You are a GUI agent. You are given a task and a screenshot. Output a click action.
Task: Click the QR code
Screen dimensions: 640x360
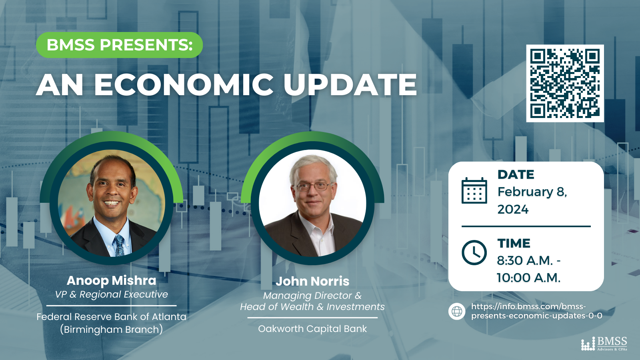tap(565, 83)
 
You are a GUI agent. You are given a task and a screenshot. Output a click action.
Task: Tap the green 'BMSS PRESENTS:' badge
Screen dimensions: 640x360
tap(120, 45)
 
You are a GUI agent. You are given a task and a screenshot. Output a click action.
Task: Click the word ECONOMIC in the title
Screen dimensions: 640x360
tap(184, 85)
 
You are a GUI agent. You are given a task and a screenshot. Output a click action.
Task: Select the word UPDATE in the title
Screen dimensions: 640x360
tap(350, 85)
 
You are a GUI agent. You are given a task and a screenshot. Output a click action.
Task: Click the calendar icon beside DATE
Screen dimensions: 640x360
tap(474, 190)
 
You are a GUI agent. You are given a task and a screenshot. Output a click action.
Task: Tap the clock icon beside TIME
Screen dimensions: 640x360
tap(474, 252)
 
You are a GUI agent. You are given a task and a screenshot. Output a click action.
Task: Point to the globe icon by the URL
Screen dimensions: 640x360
tap(456, 311)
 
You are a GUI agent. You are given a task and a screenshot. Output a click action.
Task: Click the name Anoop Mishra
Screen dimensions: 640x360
tap(112, 280)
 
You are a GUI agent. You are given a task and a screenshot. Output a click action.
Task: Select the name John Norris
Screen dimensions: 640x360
tap(312, 282)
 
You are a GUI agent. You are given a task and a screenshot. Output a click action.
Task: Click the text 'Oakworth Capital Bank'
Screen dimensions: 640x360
tap(312, 329)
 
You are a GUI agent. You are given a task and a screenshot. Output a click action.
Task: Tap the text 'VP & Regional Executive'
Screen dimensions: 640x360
tap(112, 294)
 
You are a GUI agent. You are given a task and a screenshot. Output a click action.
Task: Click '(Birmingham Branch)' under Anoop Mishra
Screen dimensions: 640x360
tap(112, 330)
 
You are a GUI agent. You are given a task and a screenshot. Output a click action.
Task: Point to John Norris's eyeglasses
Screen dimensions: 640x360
tap(312, 187)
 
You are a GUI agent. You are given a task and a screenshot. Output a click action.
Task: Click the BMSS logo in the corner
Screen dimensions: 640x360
tap(604, 344)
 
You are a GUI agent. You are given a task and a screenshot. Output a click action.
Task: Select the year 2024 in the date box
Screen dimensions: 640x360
tap(513, 210)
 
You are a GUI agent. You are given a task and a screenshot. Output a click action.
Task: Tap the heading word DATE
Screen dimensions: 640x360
tap(516, 174)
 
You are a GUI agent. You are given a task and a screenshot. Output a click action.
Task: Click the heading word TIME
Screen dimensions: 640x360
tap(514, 244)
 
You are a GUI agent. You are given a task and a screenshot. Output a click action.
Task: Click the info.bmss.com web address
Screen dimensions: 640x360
tap(536, 311)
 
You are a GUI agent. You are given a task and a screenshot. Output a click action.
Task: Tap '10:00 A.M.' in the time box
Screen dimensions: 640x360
tap(528, 278)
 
